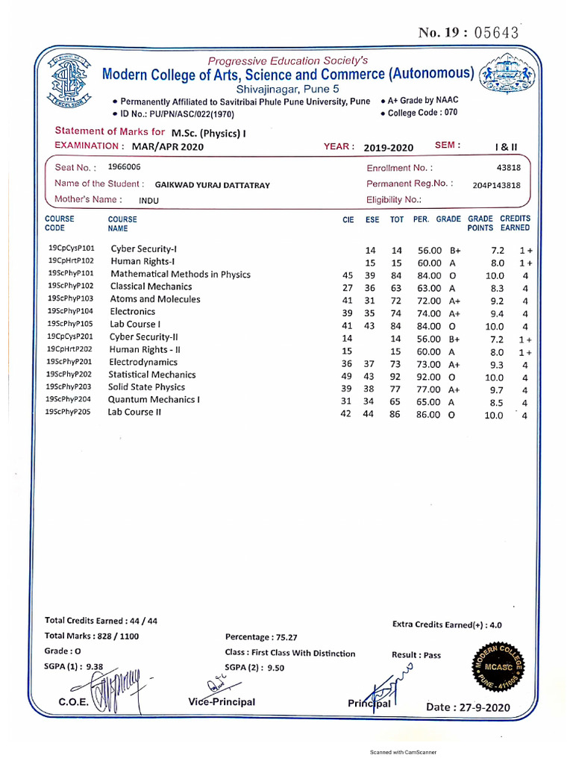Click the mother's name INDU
pyautogui.click(x=148, y=201)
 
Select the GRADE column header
pyautogui.click(x=448, y=219)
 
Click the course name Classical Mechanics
pyautogui.click(x=151, y=286)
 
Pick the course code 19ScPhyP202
pyautogui.click(x=69, y=375)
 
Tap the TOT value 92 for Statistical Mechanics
pyautogui.click(x=395, y=378)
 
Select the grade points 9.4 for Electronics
pyautogui.click(x=495, y=313)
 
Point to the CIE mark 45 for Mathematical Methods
pyautogui.click(x=346, y=275)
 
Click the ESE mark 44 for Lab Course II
pyautogui.click(x=368, y=414)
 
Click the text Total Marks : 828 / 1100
pyautogui.click(x=92, y=636)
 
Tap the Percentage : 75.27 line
pyautogui.click(x=261, y=637)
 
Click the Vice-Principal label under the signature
pyautogui.click(x=222, y=701)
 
